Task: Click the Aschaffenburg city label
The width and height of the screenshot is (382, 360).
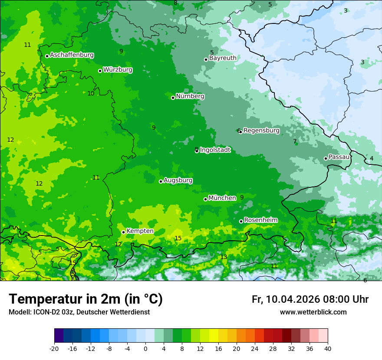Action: [x=72, y=55]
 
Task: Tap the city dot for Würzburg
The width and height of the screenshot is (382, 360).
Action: [x=100, y=71]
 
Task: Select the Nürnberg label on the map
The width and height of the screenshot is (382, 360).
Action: [x=190, y=96]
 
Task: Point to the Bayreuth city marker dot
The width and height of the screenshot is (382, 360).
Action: [x=206, y=59]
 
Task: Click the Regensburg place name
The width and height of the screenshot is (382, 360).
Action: [x=261, y=131]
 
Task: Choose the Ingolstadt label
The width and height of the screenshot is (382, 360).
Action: [x=215, y=150]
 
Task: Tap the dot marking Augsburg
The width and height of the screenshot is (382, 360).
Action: [x=161, y=181]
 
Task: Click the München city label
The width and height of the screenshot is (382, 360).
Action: [x=222, y=198]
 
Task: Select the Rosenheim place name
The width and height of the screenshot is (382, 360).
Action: [x=260, y=220]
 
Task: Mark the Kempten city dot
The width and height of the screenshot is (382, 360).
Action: [x=123, y=232]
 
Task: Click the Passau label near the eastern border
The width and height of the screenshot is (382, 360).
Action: [x=339, y=157]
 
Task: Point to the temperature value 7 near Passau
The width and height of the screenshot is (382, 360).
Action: [x=295, y=141]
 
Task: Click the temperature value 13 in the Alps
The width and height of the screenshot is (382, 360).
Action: [x=224, y=257]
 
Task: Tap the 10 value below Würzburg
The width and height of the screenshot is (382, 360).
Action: [x=91, y=93]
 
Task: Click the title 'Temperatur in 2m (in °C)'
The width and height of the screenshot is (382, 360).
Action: [x=86, y=299]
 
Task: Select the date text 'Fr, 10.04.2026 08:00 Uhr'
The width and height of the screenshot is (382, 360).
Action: [x=310, y=299]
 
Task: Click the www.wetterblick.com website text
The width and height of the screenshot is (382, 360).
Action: [x=313, y=312]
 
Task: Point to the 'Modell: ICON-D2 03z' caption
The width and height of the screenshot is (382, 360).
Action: [x=41, y=312]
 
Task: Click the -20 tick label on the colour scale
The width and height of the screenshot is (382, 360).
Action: [x=54, y=349]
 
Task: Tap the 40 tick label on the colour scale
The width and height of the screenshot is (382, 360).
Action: [x=328, y=349]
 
